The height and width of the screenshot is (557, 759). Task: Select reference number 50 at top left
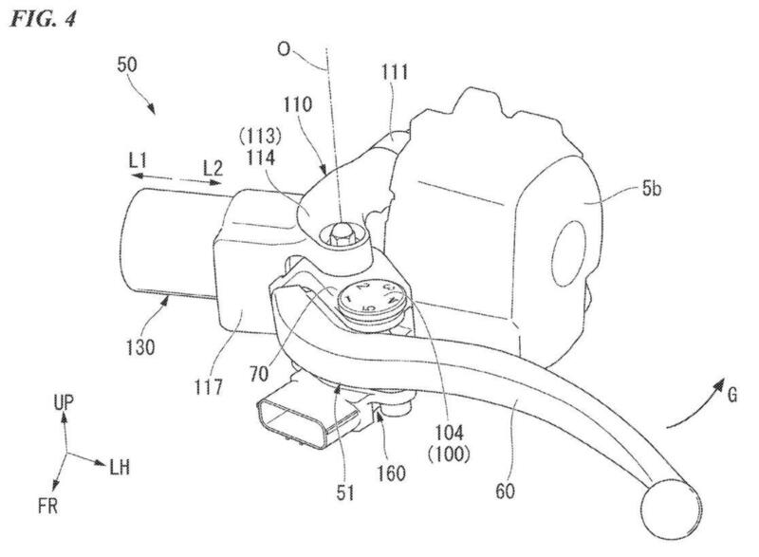pos(129,65)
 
